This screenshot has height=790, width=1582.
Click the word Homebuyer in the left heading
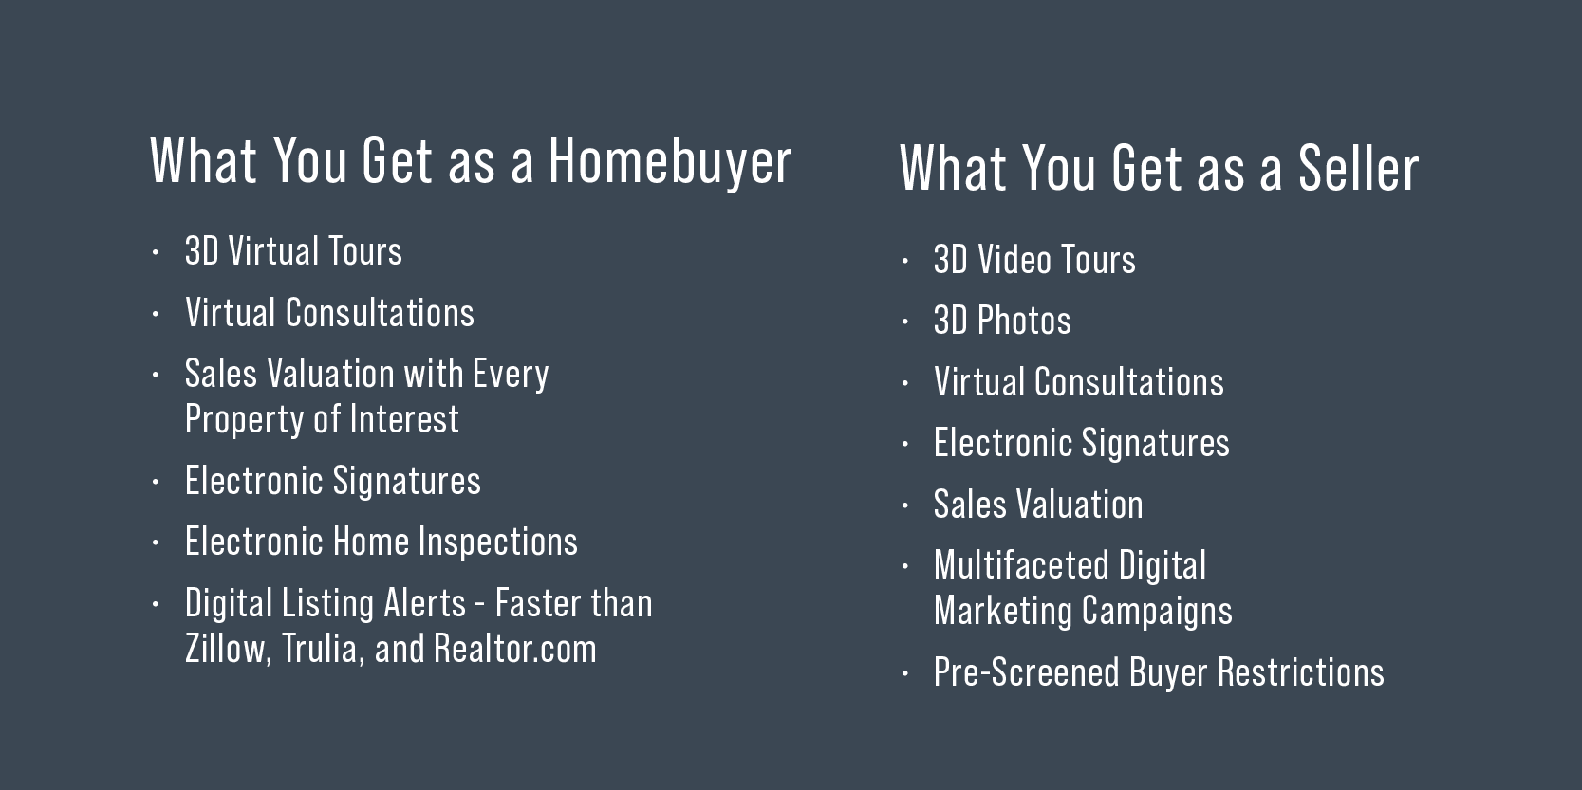pos(669,161)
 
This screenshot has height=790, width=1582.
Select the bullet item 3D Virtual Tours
pos(293,251)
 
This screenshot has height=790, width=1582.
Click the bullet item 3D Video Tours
pos(1034,259)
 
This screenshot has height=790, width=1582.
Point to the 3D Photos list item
pos(1002,321)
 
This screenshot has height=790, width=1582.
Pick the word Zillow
pos(228,648)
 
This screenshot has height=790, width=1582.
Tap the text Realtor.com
pos(515,648)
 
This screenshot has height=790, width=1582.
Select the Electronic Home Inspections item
pos(382,542)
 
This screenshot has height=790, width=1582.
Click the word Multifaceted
pos(1021,565)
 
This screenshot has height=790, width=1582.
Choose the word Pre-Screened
pos(1027,671)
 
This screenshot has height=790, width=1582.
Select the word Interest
pos(404,418)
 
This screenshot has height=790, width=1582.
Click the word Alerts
pos(424,603)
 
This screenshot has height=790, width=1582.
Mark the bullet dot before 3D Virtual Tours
pos(156,252)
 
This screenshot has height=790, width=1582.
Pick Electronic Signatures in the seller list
pos(1081,443)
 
